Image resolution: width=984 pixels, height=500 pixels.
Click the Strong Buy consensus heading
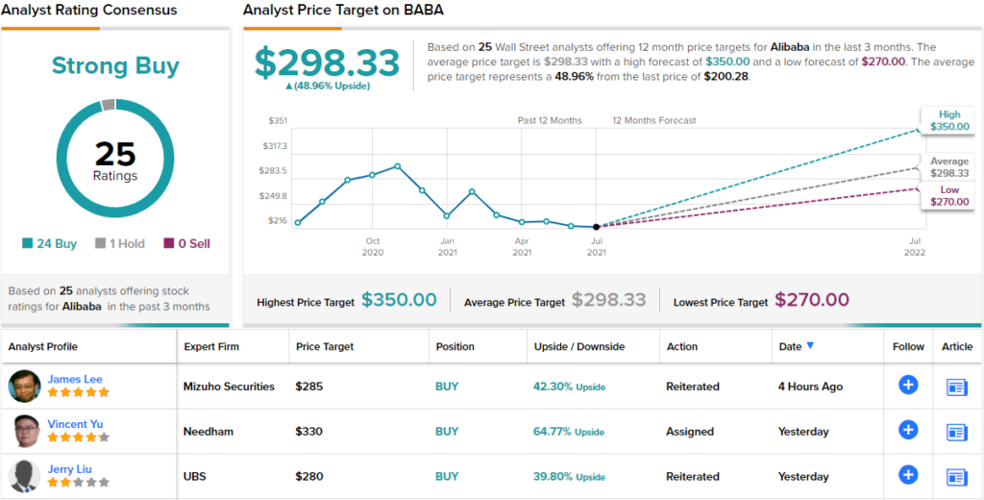[x=115, y=65]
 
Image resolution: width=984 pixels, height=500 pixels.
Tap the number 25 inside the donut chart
[x=115, y=154]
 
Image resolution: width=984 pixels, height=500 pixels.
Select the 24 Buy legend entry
[x=50, y=244]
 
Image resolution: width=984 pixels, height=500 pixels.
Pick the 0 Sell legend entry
[x=186, y=244]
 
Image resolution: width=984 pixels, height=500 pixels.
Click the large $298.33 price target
[x=327, y=63]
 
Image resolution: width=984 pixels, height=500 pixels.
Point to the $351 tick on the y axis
[x=277, y=120]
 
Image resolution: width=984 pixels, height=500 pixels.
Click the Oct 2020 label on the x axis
[x=373, y=246]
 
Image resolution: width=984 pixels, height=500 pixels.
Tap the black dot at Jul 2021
[x=597, y=227]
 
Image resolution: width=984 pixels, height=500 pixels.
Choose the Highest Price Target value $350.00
[x=399, y=300]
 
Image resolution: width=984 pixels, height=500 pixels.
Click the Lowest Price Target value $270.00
[x=812, y=300]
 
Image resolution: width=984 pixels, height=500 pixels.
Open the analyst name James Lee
[x=74, y=379]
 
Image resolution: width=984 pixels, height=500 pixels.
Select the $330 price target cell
[x=308, y=432]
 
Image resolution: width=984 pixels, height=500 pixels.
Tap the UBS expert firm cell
[x=196, y=477]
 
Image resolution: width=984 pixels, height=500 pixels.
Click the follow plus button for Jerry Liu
[x=908, y=475]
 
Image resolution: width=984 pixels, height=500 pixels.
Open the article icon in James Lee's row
[x=956, y=387]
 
